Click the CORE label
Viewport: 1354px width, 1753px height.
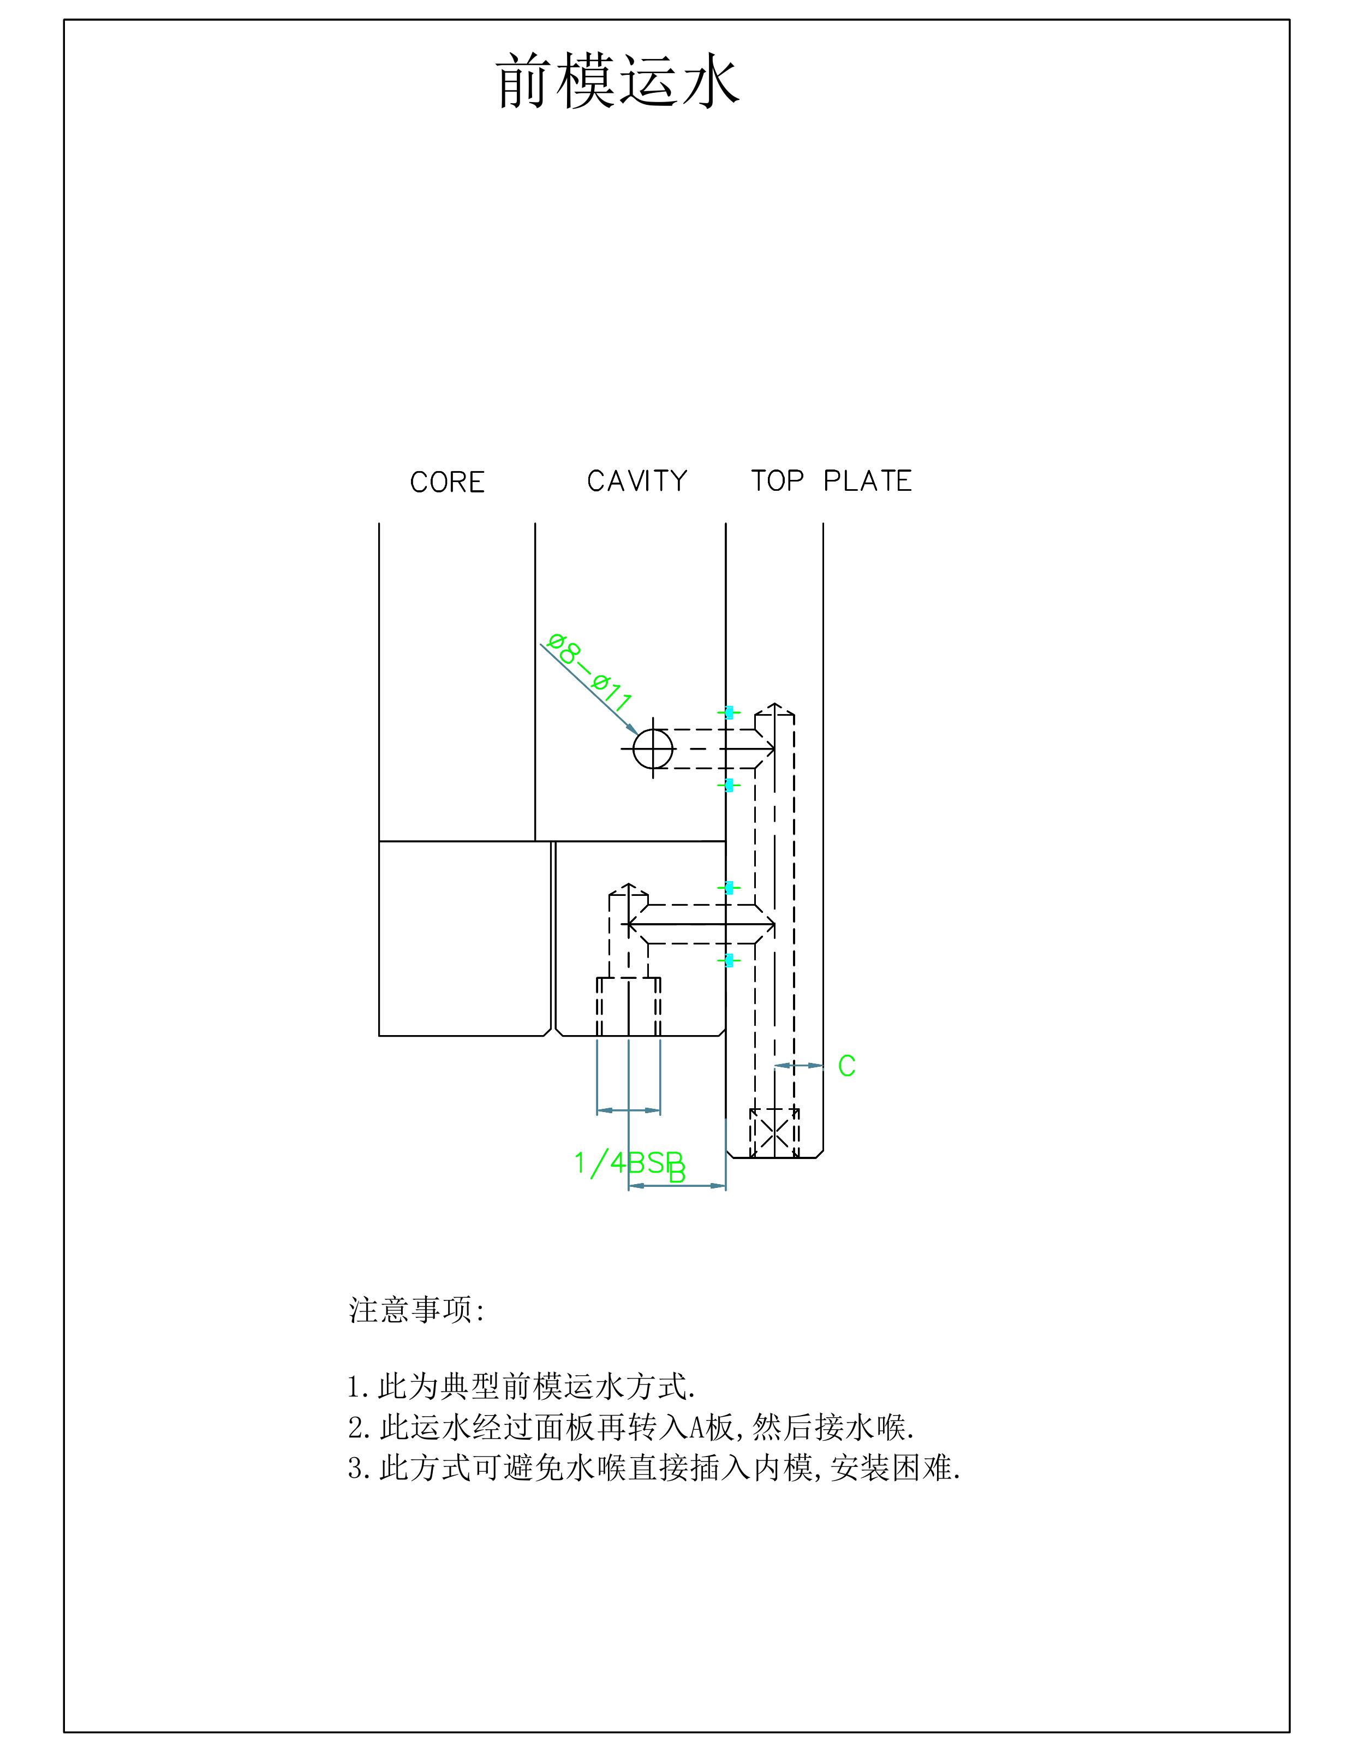(447, 483)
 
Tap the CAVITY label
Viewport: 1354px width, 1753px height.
(637, 481)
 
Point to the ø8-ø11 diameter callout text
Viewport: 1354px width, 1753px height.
(590, 673)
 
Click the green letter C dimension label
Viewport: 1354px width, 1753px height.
(847, 1066)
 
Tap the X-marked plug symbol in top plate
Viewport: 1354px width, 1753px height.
(774, 1133)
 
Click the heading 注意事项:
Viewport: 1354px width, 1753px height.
(416, 1310)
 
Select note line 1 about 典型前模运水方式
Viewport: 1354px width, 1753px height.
(522, 1386)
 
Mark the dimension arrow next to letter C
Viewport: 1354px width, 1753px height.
(798, 1066)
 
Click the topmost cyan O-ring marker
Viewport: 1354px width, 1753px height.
(729, 712)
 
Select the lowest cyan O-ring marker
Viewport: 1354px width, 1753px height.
(729, 960)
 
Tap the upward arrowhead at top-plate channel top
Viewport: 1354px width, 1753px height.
(774, 706)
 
